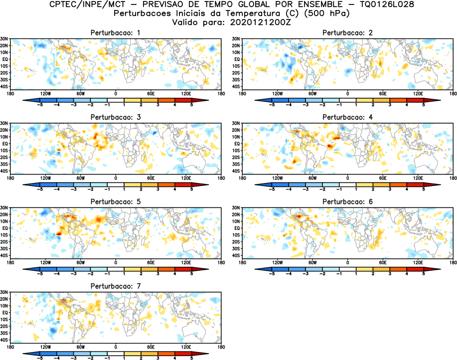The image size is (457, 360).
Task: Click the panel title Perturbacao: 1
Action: [115, 32]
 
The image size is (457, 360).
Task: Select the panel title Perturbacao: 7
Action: [115, 286]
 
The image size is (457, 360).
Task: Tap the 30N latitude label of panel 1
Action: [4, 38]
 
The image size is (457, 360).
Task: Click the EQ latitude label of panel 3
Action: [5, 143]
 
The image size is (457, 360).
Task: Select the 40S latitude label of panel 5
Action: [4, 255]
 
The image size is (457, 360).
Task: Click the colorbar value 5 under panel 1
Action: [192, 105]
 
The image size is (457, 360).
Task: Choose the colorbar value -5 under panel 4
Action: [272, 189]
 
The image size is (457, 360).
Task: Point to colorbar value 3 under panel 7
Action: [158, 358]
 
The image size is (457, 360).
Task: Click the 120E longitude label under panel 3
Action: [186, 178]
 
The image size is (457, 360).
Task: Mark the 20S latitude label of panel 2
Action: [236, 73]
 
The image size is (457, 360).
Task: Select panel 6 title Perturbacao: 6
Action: [347, 201]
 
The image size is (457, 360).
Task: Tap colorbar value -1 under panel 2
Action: [339, 105]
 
